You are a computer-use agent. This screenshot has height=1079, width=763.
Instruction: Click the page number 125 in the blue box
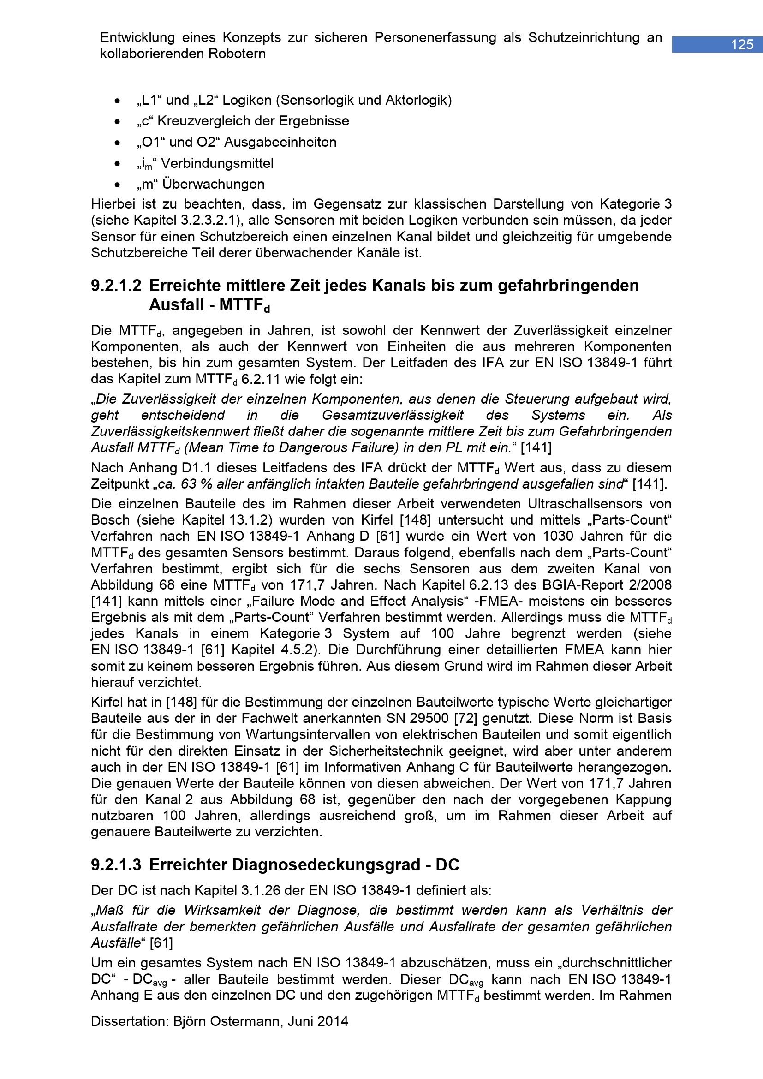pyautogui.click(x=742, y=45)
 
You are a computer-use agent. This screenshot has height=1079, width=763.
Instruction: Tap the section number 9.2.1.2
pyautogui.click(x=116, y=286)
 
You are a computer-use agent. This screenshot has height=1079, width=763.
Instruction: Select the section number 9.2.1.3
pyautogui.click(x=116, y=864)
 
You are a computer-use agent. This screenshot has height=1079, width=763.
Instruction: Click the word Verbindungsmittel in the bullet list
pyautogui.click(x=217, y=164)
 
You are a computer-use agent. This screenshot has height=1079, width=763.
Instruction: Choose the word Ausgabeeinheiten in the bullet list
pyautogui.click(x=280, y=143)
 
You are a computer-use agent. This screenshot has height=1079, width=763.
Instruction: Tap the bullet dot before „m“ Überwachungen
pyautogui.click(x=118, y=185)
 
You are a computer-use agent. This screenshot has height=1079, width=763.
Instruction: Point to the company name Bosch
pyautogui.click(x=107, y=520)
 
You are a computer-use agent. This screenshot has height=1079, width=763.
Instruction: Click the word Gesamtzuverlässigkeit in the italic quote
pyautogui.click(x=393, y=416)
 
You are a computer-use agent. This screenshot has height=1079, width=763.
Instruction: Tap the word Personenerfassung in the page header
pyautogui.click(x=435, y=37)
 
